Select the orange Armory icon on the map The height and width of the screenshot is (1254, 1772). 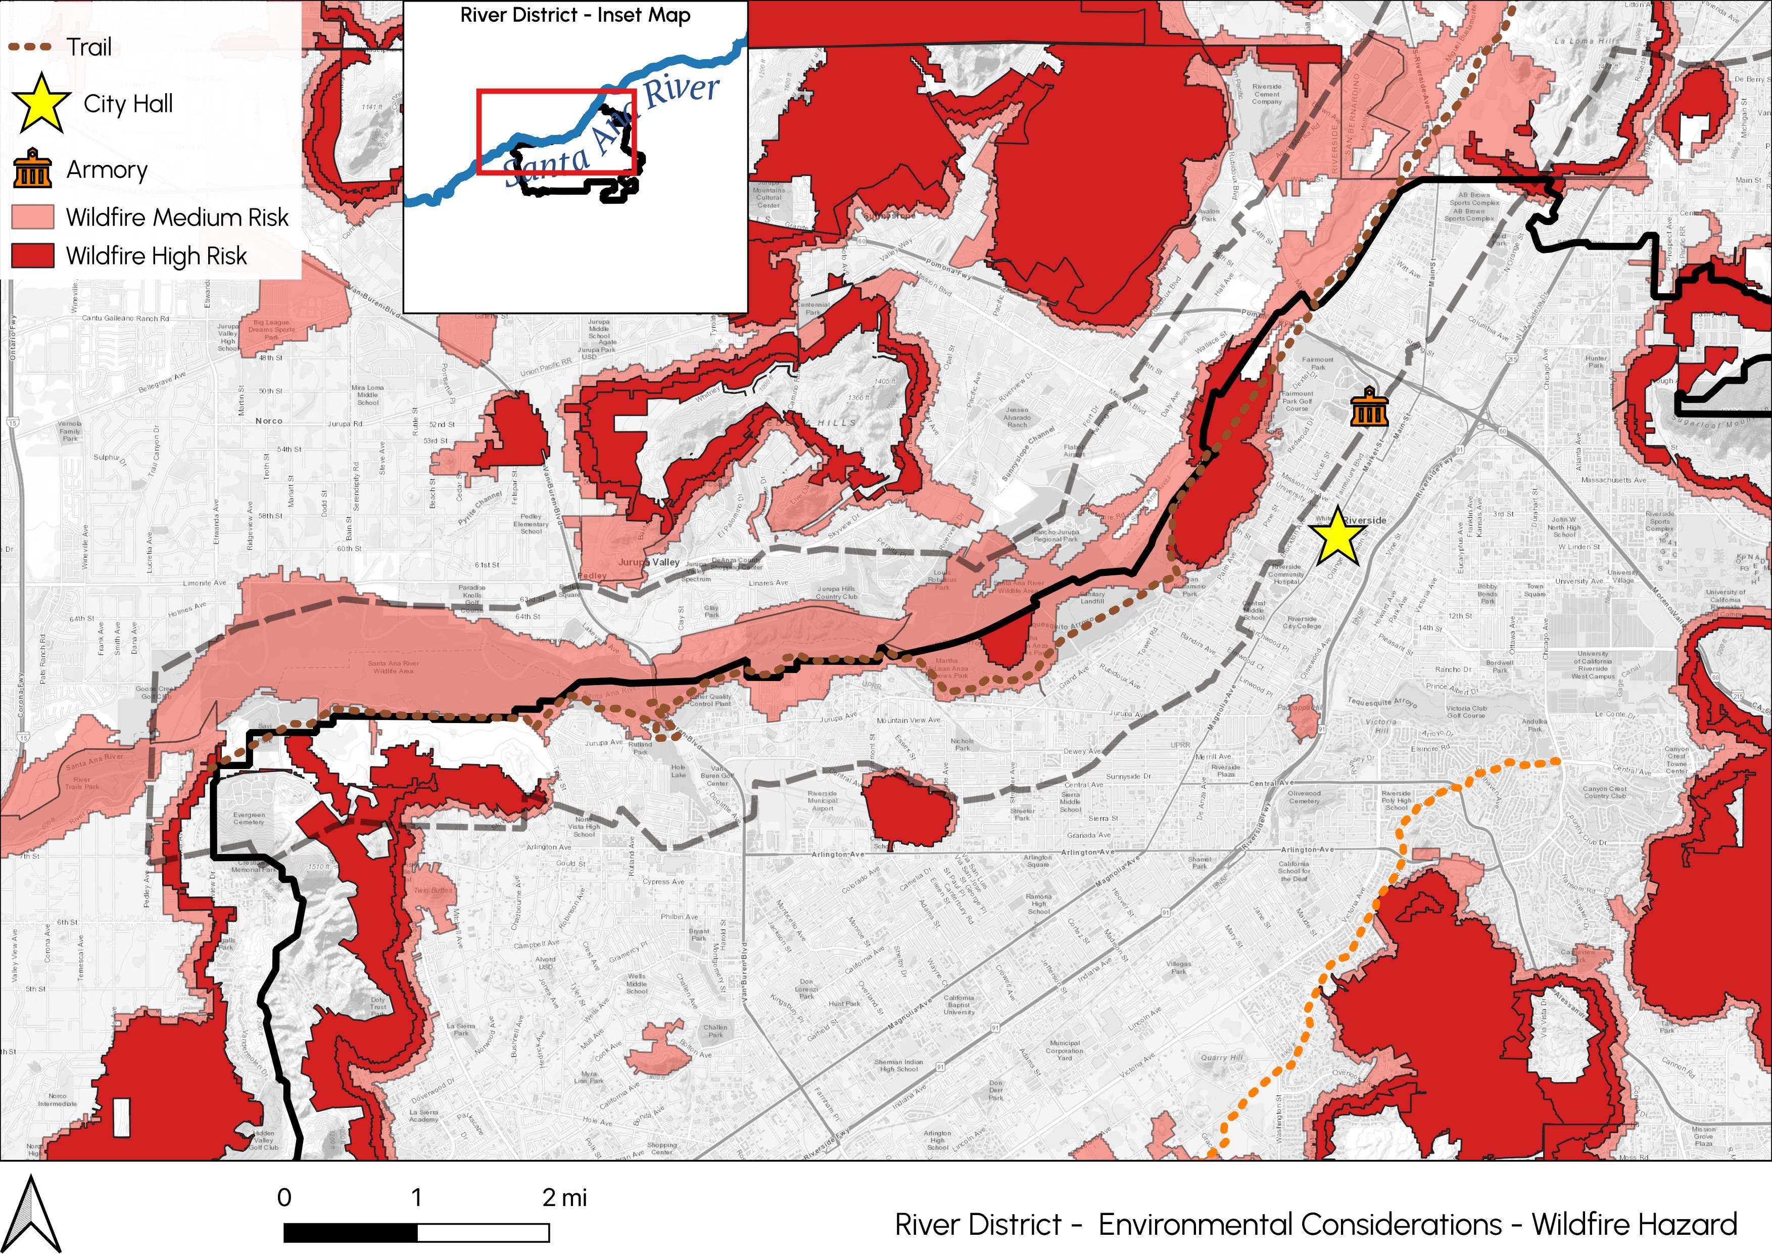coord(1369,407)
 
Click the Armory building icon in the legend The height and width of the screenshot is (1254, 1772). coord(32,169)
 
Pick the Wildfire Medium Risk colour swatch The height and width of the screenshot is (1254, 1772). coord(33,217)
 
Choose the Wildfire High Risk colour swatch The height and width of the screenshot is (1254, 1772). coord(33,255)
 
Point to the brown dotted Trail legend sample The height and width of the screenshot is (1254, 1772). coord(31,47)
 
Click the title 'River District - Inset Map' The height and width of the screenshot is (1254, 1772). coord(575,16)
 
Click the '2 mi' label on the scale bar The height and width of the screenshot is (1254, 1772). coord(564,1198)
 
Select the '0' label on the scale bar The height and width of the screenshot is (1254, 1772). coord(284,1198)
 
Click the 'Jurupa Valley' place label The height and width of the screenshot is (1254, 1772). coord(648,562)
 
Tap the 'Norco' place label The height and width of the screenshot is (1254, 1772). coord(269,421)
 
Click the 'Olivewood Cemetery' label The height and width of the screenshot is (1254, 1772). coord(1304,797)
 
